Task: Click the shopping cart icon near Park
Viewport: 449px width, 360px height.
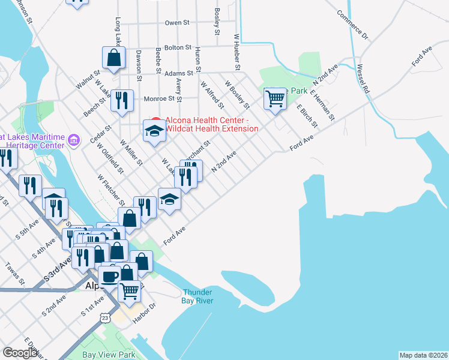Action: tap(275, 98)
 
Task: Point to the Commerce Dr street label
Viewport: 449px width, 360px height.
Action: tap(352, 25)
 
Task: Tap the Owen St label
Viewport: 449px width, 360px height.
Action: tap(177, 23)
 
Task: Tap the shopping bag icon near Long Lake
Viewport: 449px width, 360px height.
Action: tap(113, 58)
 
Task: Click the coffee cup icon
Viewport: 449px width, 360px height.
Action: tap(109, 277)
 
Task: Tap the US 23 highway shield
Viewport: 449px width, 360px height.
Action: tap(106, 318)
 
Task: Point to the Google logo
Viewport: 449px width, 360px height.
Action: tap(20, 353)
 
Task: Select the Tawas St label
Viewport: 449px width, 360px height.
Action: tap(14, 273)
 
